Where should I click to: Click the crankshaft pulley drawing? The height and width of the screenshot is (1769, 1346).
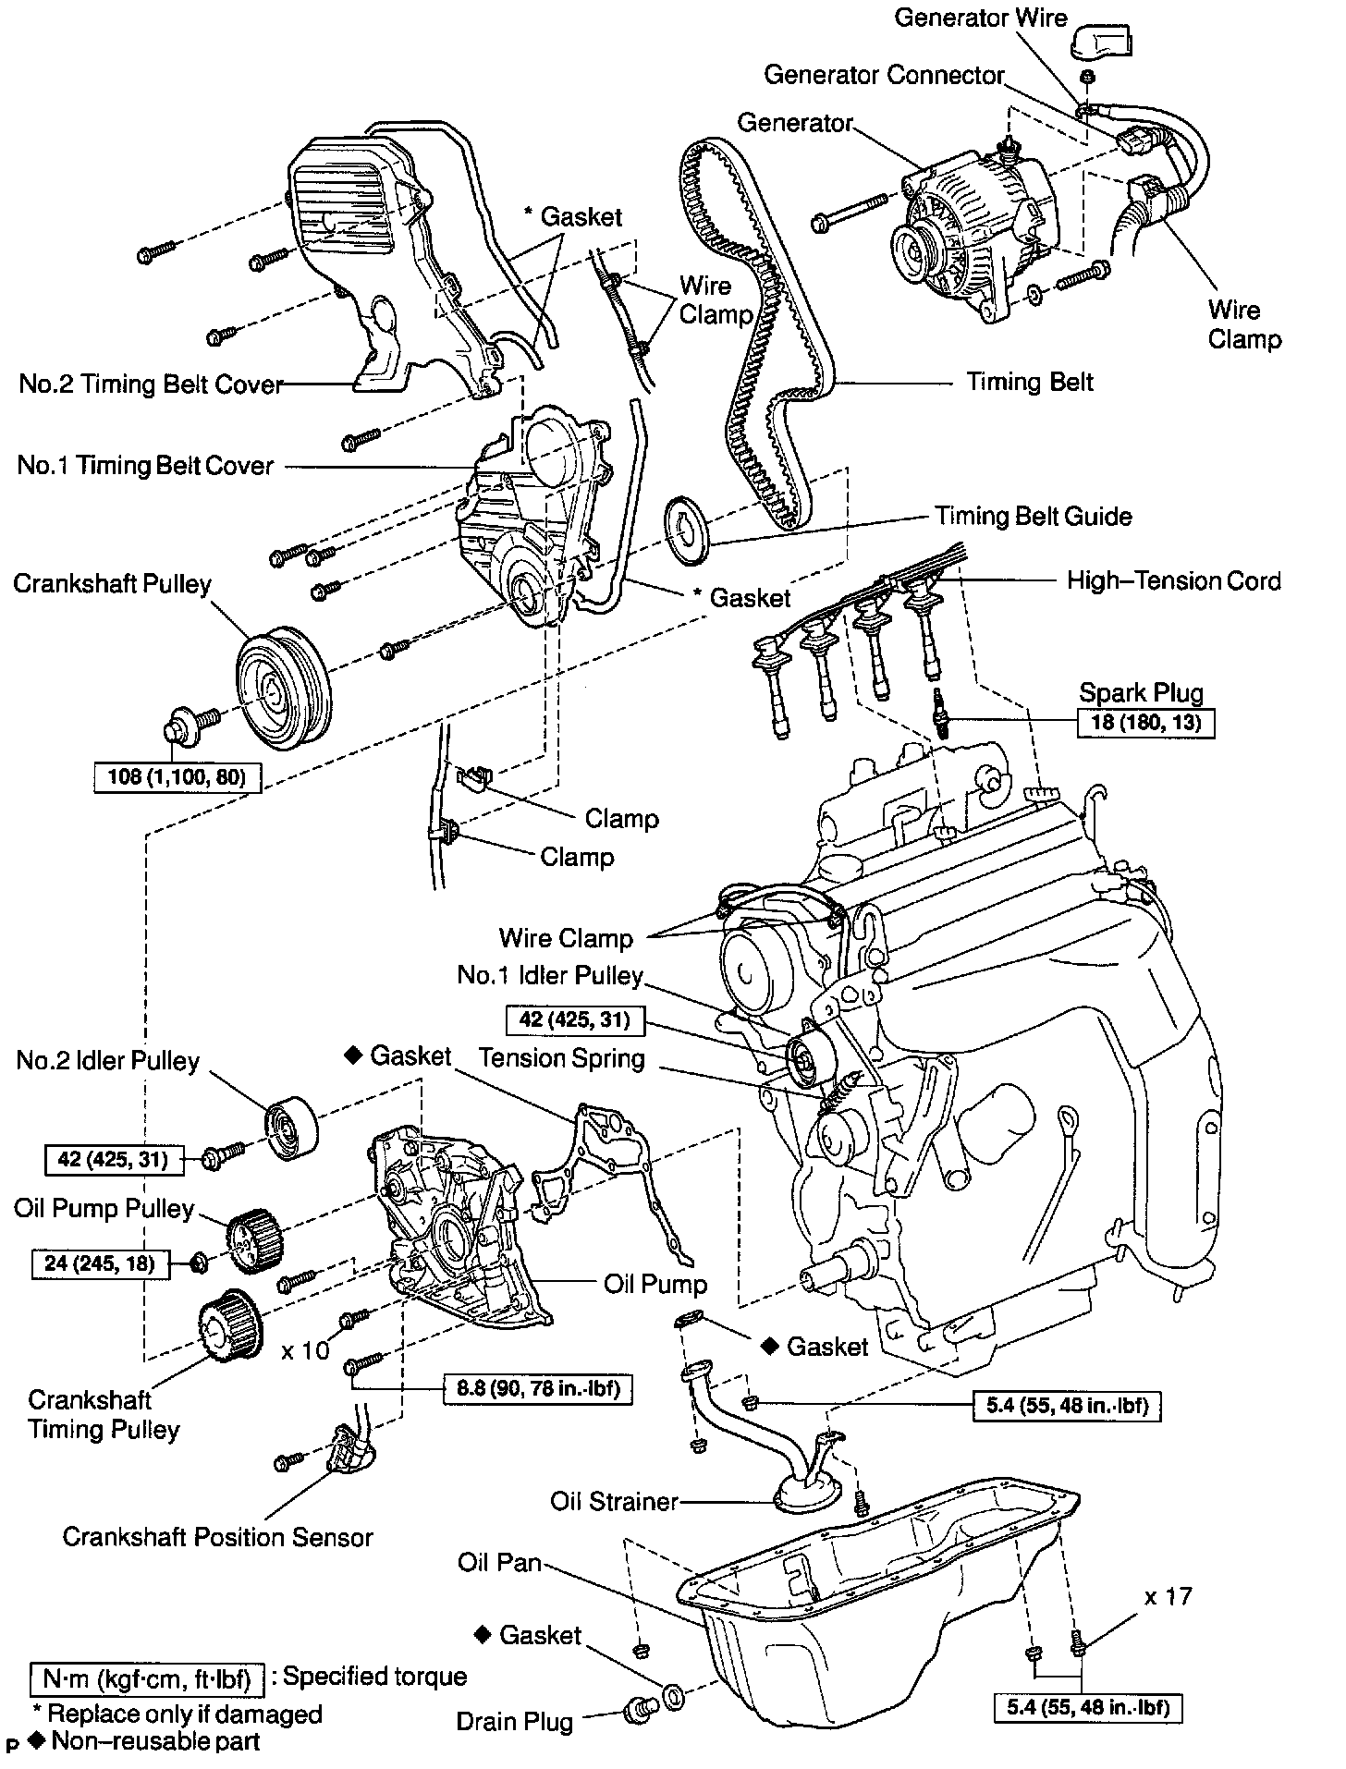(x=277, y=684)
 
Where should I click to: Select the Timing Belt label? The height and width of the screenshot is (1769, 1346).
(x=1030, y=382)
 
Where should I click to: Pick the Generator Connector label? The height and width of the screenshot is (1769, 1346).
(x=884, y=75)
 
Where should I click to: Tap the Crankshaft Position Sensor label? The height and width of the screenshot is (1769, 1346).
(x=217, y=1537)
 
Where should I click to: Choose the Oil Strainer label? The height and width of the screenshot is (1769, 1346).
(x=614, y=1501)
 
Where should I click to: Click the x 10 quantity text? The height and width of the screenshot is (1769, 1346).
(x=305, y=1350)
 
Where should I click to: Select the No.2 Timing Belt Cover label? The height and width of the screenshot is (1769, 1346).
(x=151, y=384)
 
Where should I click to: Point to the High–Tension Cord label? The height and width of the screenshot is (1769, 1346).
(x=1173, y=580)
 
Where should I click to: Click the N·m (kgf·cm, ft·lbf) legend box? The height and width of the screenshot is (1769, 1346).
(x=147, y=1677)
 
